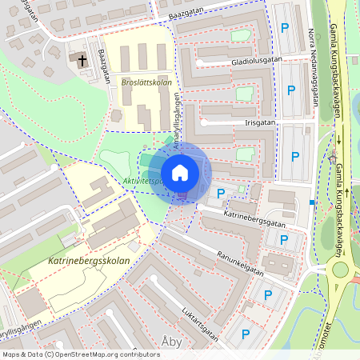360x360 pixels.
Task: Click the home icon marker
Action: (180, 173)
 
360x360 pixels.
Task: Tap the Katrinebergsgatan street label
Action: (255, 217)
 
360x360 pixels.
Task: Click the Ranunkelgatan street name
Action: (240, 264)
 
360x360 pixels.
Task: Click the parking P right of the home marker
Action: (221, 193)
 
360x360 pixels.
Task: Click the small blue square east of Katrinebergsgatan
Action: (311, 202)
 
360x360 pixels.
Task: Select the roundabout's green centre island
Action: (340, 269)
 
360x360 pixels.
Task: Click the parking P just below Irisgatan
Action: (294, 157)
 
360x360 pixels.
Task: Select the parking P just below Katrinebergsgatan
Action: (282, 238)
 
